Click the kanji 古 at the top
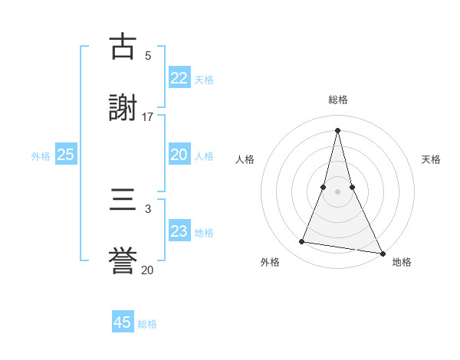(123, 47)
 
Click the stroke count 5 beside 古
(148, 55)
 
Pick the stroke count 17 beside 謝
(148, 117)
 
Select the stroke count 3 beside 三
(148, 208)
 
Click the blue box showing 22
(179, 78)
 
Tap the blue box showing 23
(179, 232)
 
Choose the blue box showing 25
(65, 155)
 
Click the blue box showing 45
(123, 322)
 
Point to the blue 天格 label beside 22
(204, 80)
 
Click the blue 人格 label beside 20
(204, 156)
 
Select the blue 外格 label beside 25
(41, 156)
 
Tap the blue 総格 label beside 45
(147, 324)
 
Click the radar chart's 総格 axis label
(338, 100)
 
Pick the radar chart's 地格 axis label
(402, 262)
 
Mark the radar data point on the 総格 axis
(337, 130)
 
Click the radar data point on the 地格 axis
(382, 253)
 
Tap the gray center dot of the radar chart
(337, 191)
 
